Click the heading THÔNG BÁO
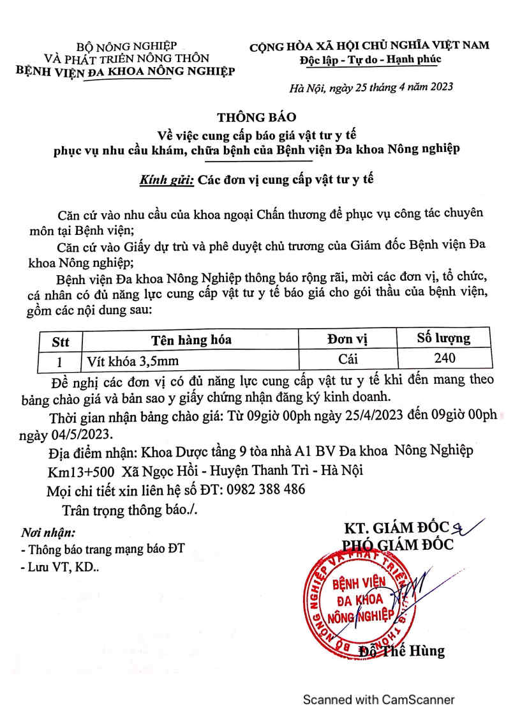[x=257, y=117]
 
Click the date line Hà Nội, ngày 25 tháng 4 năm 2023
[x=371, y=87]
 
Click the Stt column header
[x=60, y=340]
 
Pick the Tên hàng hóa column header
[x=191, y=340]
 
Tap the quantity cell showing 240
[x=444, y=358]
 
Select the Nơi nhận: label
[x=48, y=531]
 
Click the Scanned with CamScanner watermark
[x=378, y=700]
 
